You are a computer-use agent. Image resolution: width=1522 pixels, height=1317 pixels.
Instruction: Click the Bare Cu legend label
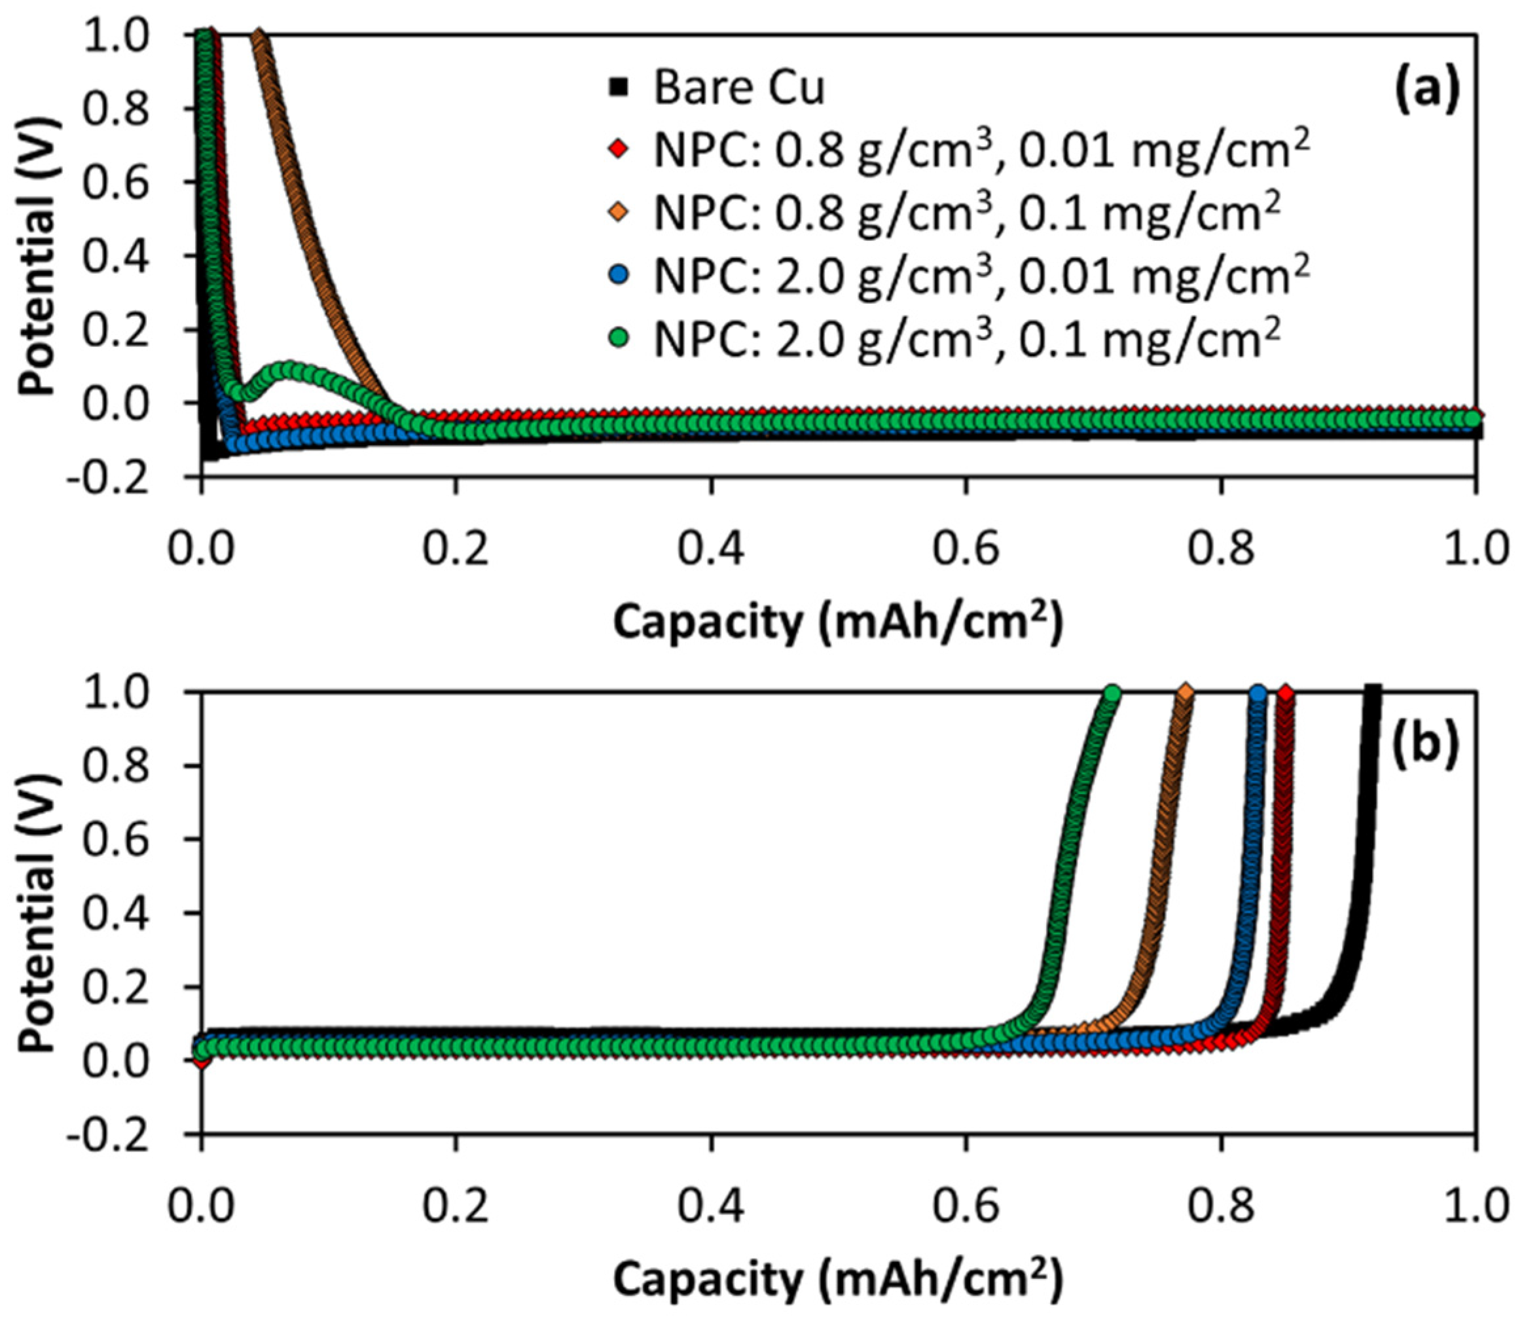[738, 88]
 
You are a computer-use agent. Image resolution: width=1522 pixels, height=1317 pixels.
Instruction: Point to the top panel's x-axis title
[838, 623]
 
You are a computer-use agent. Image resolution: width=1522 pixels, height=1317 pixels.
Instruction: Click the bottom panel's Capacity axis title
[838, 1280]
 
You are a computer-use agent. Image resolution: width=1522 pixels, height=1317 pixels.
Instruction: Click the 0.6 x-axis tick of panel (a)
[966, 550]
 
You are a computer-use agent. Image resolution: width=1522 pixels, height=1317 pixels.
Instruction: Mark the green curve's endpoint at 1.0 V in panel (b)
[1112, 693]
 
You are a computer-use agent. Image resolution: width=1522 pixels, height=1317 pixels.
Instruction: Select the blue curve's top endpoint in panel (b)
[1258, 693]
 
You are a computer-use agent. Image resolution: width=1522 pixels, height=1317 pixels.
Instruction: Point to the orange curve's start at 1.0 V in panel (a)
[259, 37]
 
